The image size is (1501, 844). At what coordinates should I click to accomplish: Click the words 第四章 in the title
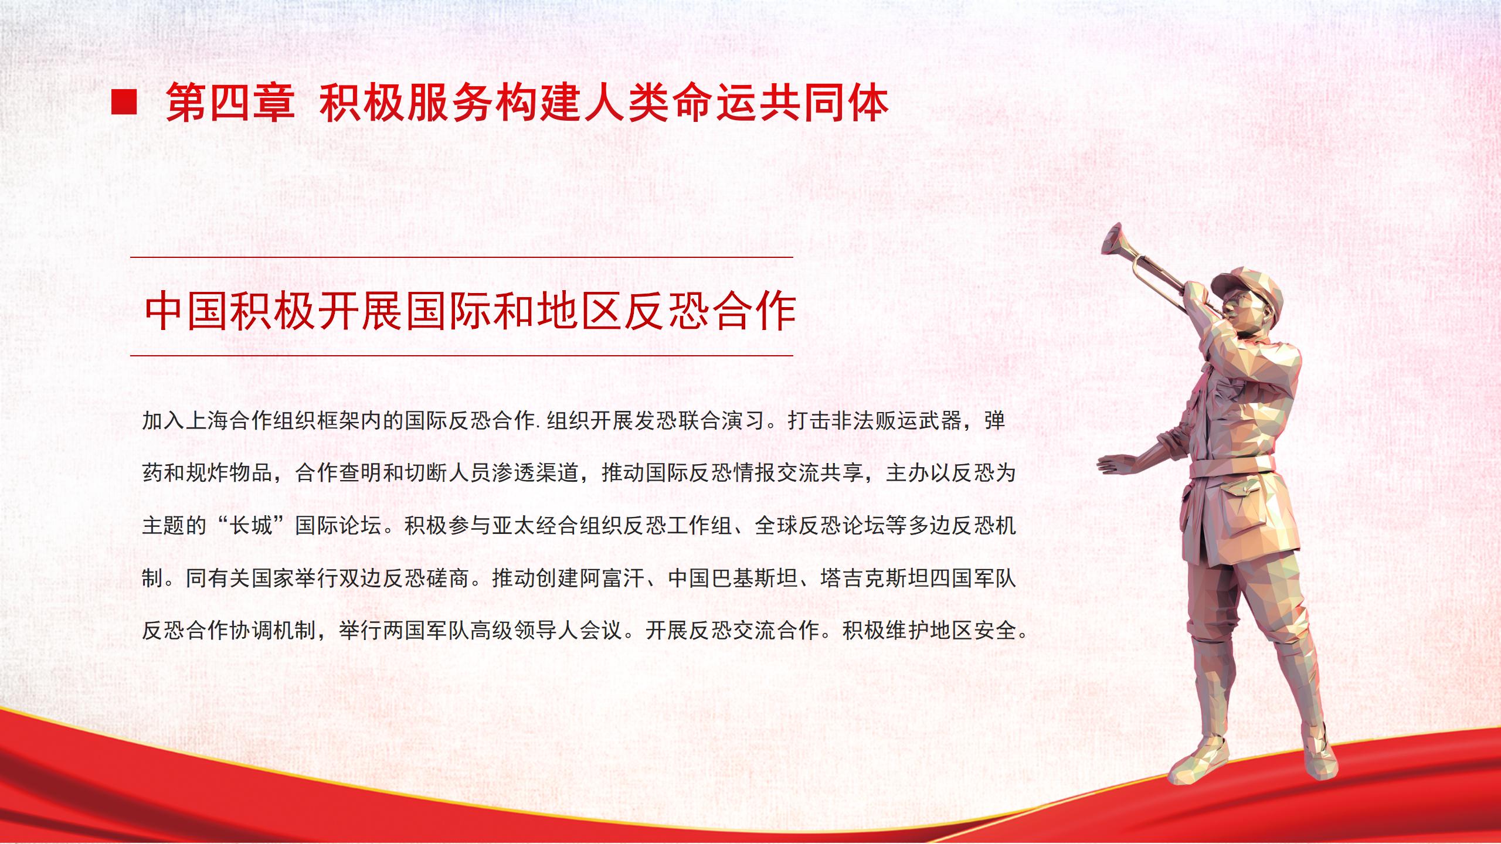tap(230, 104)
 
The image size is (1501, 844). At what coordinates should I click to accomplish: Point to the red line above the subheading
tap(461, 257)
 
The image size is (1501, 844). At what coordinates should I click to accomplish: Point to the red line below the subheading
tap(461, 356)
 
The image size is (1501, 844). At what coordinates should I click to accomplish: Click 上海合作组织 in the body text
tap(251, 420)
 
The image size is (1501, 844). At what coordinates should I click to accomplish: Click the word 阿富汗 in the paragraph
tap(612, 578)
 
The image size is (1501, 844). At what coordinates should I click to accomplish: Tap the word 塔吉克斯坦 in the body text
tap(874, 578)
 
